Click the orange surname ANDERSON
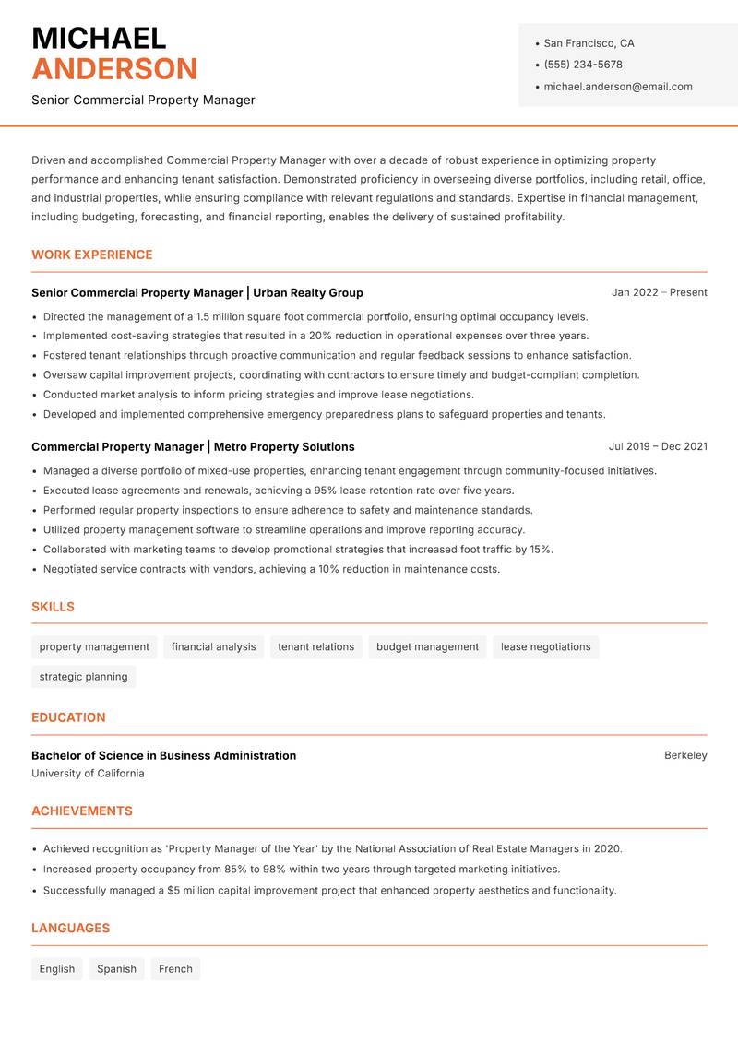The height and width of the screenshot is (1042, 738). (114, 69)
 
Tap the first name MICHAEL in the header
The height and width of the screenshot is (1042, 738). (99, 38)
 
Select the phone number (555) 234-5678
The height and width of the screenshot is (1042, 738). (583, 65)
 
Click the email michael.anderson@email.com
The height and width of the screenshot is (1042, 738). (618, 87)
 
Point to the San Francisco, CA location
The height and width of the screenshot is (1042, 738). (589, 43)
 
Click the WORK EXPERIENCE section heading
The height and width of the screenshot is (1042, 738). (92, 255)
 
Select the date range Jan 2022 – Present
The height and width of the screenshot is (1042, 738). (659, 292)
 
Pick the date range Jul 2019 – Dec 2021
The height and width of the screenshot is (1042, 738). (658, 446)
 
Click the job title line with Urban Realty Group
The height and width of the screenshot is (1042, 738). (197, 292)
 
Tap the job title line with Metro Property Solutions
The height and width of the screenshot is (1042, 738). (193, 446)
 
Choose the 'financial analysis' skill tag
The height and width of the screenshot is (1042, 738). (213, 646)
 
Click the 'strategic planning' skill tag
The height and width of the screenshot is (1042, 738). (83, 677)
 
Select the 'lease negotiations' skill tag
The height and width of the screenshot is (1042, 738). (545, 646)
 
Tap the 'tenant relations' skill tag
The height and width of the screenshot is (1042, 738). (315, 646)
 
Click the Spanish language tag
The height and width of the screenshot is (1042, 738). (116, 969)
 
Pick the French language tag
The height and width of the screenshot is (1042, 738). (175, 969)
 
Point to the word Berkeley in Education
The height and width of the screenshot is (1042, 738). (685, 755)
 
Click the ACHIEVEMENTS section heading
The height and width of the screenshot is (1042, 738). (82, 811)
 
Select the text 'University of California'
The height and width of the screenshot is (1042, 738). (88, 774)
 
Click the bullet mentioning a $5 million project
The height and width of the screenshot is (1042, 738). (329, 891)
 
